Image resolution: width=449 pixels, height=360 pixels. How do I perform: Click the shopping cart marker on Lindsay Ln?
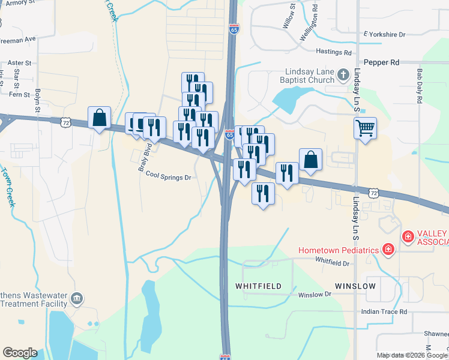click(365, 128)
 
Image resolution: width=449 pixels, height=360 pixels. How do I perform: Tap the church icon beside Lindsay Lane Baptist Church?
click(343, 74)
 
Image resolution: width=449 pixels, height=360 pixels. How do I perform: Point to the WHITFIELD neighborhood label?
click(258, 286)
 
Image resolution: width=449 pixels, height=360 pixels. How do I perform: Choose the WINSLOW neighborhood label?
click(355, 286)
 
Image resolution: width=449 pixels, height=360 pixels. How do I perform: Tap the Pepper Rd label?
click(381, 62)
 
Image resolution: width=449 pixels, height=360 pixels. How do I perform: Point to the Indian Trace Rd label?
click(384, 311)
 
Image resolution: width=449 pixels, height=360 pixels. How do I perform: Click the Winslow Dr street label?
click(315, 295)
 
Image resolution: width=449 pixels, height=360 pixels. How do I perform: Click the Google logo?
click(20, 353)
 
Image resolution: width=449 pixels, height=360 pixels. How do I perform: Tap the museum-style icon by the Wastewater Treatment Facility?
click(76, 298)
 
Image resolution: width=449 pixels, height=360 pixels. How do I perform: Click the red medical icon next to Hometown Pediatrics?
click(388, 249)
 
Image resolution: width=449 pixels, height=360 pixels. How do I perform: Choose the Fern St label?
click(19, 95)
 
